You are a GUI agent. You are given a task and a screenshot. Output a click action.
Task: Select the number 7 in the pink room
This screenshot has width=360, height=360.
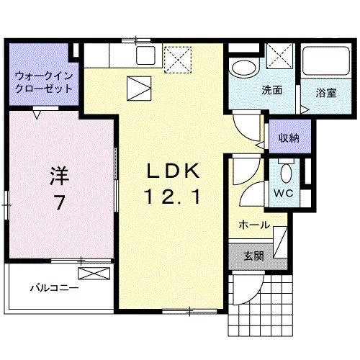(58, 203)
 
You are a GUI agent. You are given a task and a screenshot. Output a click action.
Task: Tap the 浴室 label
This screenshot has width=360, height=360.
(326, 92)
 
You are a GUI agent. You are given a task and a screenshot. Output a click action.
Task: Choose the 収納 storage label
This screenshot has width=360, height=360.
(290, 138)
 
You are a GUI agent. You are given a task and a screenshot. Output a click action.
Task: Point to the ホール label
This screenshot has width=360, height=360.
(255, 225)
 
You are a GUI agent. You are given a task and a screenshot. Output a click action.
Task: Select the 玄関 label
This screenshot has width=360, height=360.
(253, 255)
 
